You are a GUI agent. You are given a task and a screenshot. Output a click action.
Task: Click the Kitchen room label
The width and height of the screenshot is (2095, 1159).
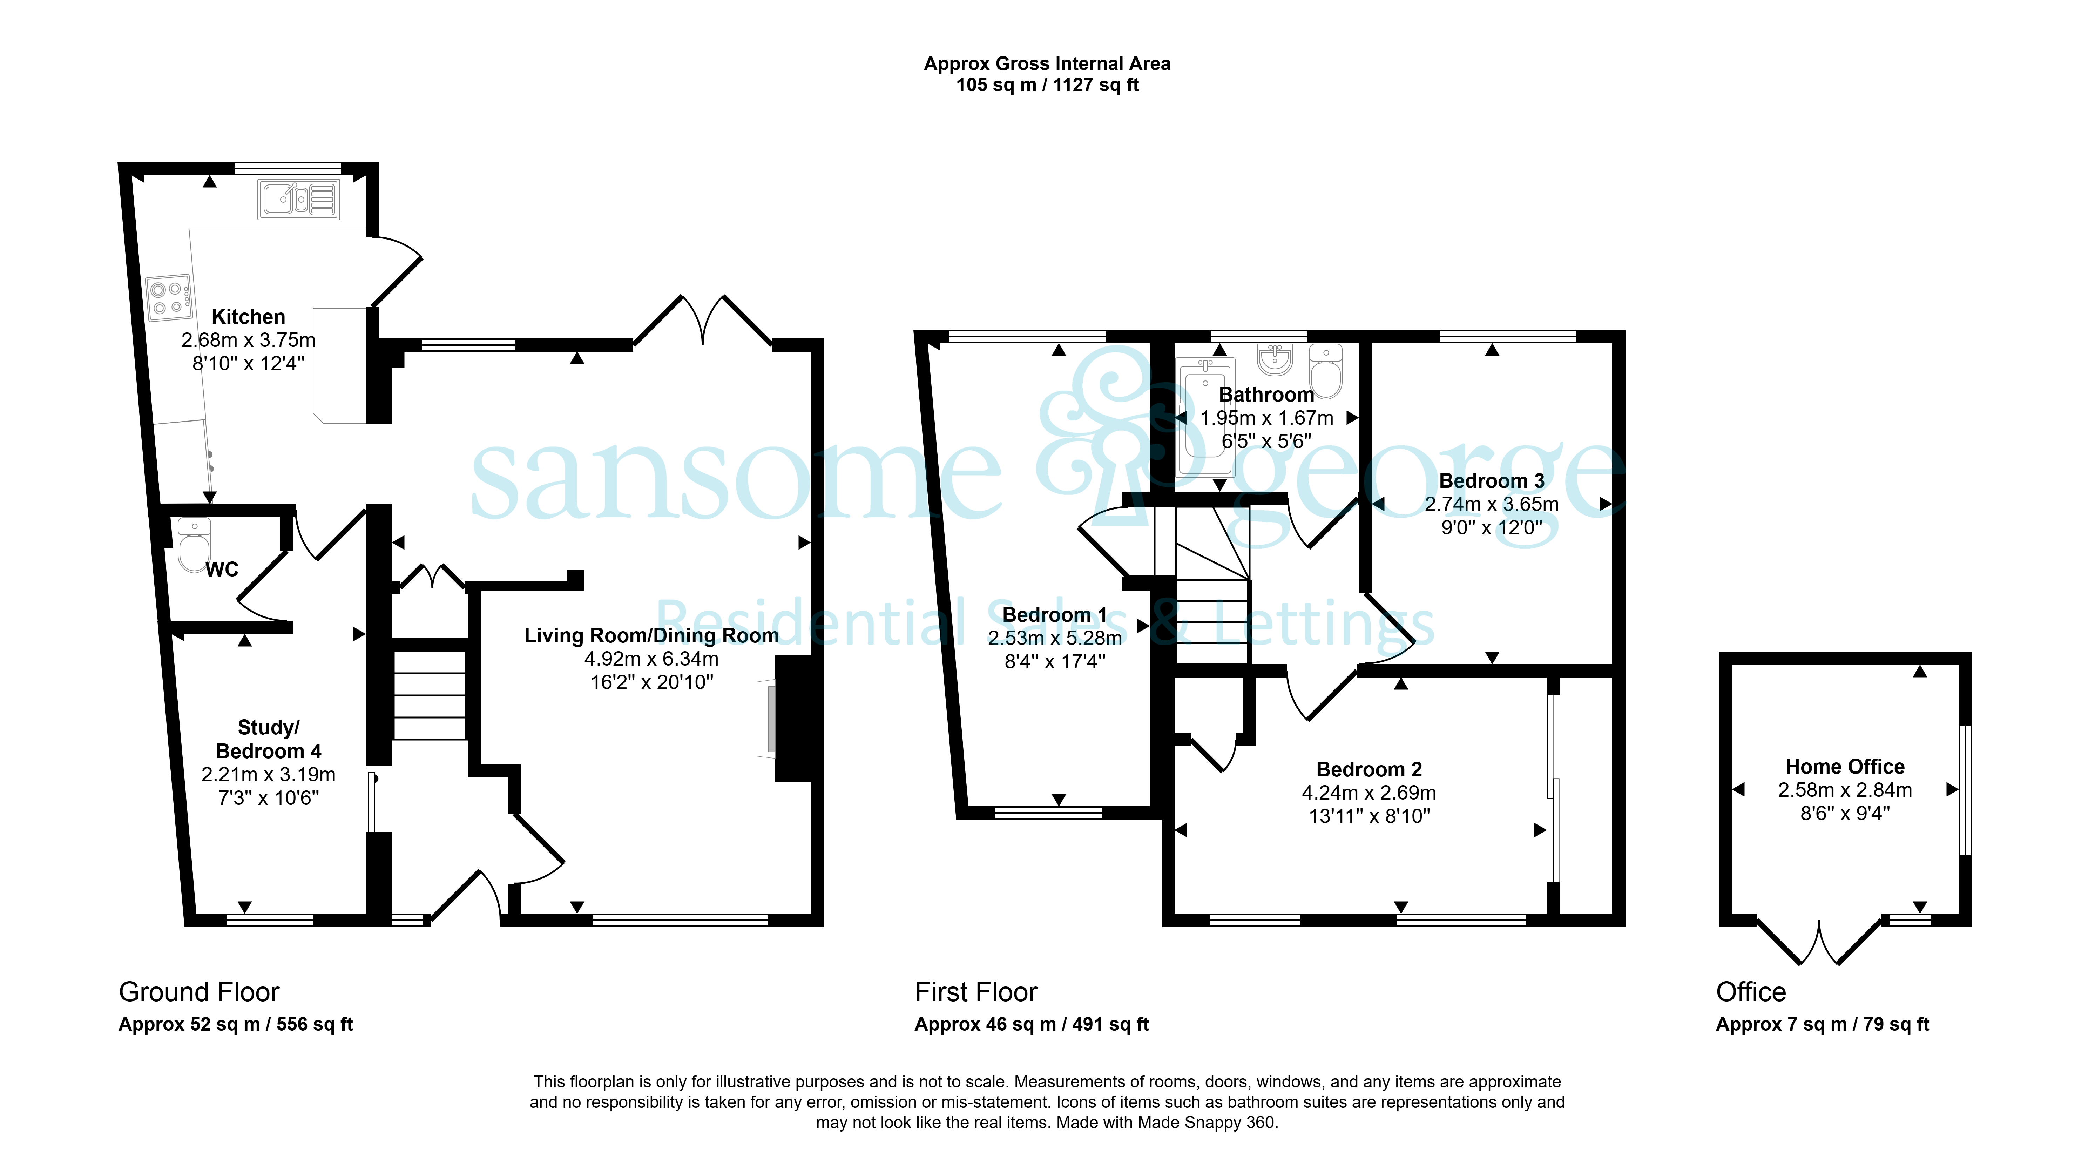pyautogui.click(x=248, y=316)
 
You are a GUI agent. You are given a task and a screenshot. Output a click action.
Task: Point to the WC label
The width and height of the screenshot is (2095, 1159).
pyautogui.click(x=222, y=570)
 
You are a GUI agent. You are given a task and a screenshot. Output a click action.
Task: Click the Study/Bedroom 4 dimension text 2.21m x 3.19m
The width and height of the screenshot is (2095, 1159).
pyautogui.click(x=268, y=774)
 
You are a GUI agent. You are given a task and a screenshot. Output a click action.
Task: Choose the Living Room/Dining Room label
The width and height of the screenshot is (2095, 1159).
pyautogui.click(x=651, y=635)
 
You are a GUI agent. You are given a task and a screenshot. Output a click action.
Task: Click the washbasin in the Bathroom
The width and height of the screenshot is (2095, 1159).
pyautogui.click(x=1275, y=359)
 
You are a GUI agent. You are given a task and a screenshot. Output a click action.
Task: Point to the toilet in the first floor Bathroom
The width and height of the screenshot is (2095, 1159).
pyautogui.click(x=1326, y=372)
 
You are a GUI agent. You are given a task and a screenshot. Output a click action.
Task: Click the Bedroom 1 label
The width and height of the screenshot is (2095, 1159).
pyautogui.click(x=1055, y=615)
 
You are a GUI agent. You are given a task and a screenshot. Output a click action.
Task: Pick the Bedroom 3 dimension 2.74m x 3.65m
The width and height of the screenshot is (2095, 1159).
pyautogui.click(x=1492, y=504)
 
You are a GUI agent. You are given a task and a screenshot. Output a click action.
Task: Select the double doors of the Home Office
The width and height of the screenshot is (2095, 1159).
pyautogui.click(x=1819, y=942)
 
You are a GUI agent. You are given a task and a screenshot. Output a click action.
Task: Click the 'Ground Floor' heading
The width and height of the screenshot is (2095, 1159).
pyautogui.click(x=199, y=992)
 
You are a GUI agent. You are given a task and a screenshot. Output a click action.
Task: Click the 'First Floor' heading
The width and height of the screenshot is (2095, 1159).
pyautogui.click(x=976, y=992)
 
